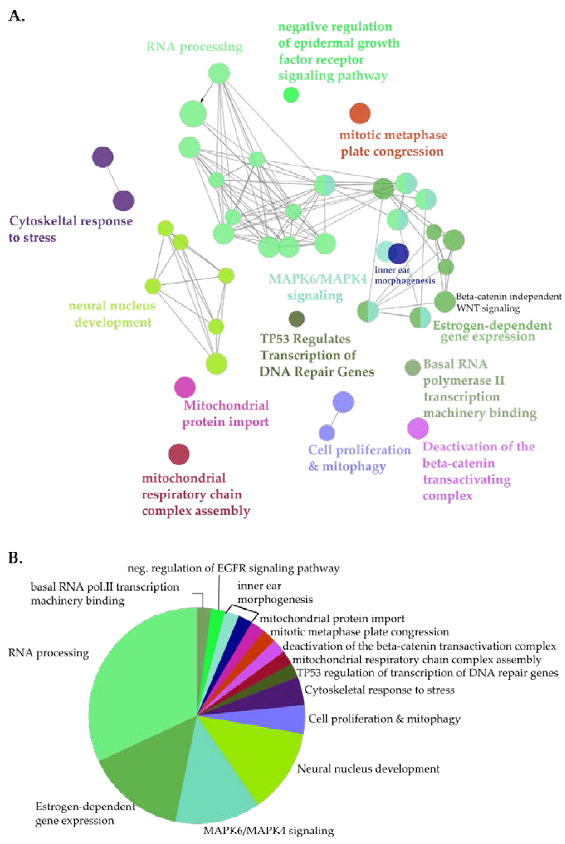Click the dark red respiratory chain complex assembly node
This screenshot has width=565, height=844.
pyautogui.click(x=179, y=454)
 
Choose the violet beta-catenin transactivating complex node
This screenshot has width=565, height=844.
pyautogui.click(x=418, y=428)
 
